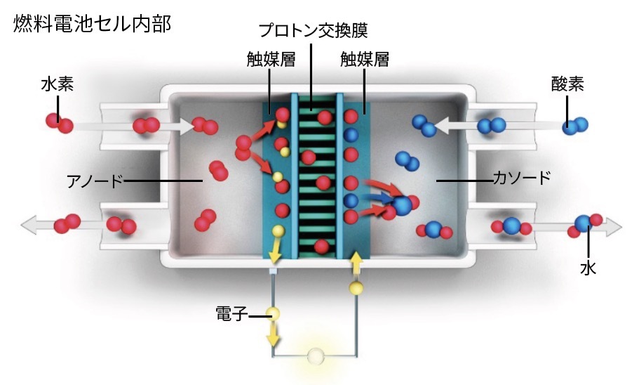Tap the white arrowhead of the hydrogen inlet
click(x=186, y=127)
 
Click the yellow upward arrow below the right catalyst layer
click(x=356, y=263)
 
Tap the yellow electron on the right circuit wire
click(x=357, y=287)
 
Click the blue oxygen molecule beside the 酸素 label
click(x=574, y=125)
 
